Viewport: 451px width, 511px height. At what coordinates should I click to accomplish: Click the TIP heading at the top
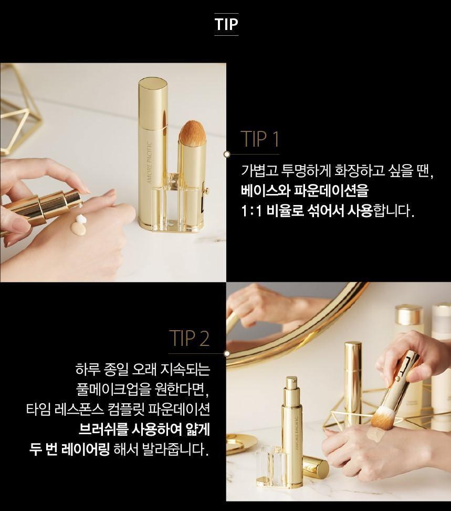pos(226,24)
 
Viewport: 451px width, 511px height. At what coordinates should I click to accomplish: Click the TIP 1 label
pos(260,139)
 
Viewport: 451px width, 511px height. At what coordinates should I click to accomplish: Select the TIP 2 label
pos(189,338)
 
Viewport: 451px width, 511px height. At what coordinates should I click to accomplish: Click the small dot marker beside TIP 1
pos(227,154)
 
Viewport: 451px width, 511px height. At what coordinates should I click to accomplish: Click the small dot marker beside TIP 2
pos(227,354)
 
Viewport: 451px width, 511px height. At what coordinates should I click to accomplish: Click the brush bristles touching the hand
pos(380,420)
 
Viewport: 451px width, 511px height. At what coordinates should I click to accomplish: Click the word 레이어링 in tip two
pos(88,449)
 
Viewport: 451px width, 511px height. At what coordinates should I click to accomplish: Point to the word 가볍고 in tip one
pos(257,170)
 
